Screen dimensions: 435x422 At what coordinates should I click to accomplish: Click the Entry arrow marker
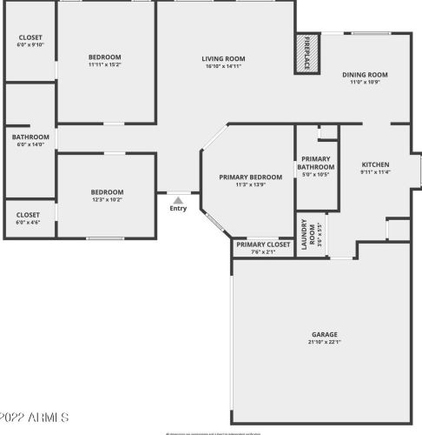pyautogui.click(x=178, y=199)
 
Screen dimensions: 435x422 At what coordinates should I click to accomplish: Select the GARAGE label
pyautogui.click(x=325, y=334)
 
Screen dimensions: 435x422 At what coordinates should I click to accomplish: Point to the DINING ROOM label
pyautogui.click(x=366, y=75)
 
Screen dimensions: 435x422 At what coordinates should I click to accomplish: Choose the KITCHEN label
pyautogui.click(x=375, y=164)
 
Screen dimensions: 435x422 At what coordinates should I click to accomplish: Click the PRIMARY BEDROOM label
pyautogui.click(x=248, y=177)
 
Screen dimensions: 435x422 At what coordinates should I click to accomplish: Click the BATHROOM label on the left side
pyautogui.click(x=30, y=137)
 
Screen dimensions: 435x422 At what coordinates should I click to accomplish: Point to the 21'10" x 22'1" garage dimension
pyautogui.click(x=325, y=342)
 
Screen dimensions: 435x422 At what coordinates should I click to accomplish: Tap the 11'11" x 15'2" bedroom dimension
pyautogui.click(x=106, y=64)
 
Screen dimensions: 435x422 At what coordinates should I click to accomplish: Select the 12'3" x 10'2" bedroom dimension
pyautogui.click(x=108, y=199)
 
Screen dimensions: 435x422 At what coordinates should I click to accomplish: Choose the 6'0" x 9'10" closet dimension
pyautogui.click(x=30, y=46)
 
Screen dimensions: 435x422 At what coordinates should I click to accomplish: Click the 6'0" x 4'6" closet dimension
pyautogui.click(x=29, y=222)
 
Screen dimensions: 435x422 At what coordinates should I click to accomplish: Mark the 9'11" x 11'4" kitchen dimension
pyautogui.click(x=375, y=172)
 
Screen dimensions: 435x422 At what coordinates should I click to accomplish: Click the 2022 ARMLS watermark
pyautogui.click(x=35, y=418)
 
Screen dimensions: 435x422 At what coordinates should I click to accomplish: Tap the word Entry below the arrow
pyautogui.click(x=178, y=208)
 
